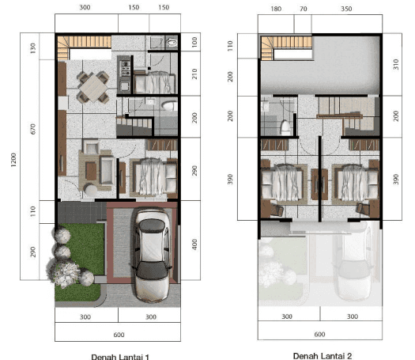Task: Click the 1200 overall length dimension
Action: tap(13, 160)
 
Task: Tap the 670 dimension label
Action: tap(33, 129)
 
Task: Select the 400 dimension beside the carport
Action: tap(194, 244)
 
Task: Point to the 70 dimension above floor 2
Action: tap(304, 9)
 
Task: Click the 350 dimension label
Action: tap(346, 9)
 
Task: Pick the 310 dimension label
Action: tap(396, 64)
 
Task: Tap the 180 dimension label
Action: tap(276, 9)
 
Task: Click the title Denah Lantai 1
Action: tap(120, 357)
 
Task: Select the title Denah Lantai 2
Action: tap(323, 356)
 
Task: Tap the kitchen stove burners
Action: tap(125, 68)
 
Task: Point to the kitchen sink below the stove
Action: tap(124, 85)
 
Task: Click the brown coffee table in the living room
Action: tap(91, 171)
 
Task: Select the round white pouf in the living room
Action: tap(91, 190)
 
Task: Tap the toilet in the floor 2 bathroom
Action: tap(285, 127)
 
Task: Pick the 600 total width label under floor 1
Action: tap(119, 335)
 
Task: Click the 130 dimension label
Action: tap(33, 48)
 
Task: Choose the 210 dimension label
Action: tap(194, 74)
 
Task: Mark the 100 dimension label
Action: tap(194, 42)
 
